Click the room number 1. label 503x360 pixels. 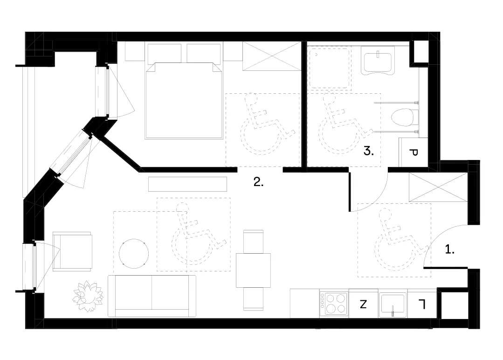(450, 249)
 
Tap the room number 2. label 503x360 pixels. (258, 182)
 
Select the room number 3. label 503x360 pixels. (369, 151)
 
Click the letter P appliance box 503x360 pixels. (413, 152)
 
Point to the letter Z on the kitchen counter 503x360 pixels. (363, 304)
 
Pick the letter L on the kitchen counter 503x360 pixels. (422, 304)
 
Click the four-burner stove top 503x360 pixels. (334, 304)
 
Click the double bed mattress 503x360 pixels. (184, 100)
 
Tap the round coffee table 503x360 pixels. (134, 254)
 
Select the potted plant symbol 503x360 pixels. (88, 296)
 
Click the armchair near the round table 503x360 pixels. (73, 252)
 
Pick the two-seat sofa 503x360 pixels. (152, 296)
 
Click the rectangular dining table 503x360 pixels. (254, 270)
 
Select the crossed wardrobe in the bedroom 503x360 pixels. (272, 56)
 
